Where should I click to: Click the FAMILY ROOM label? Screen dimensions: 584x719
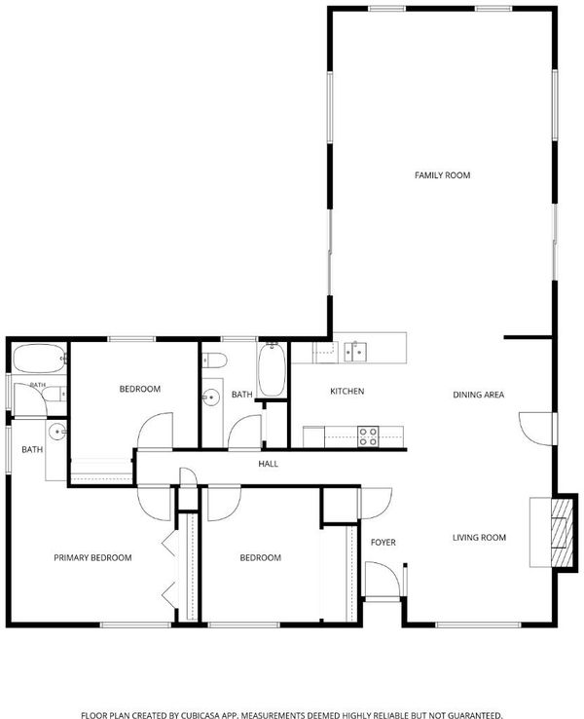click(x=442, y=175)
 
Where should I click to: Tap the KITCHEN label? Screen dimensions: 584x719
click(x=347, y=391)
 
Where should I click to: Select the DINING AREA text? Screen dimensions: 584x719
click(x=478, y=395)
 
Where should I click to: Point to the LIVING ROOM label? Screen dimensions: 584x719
click(x=479, y=538)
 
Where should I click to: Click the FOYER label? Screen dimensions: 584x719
click(x=383, y=543)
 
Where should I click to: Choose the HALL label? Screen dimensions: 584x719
click(x=268, y=464)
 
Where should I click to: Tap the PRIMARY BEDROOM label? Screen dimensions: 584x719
click(x=92, y=557)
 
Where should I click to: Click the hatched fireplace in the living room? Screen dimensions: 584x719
click(x=562, y=532)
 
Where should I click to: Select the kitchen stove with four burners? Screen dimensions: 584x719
click(x=368, y=436)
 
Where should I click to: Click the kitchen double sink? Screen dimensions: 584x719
click(x=355, y=352)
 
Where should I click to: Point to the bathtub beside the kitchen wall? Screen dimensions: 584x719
click(x=272, y=369)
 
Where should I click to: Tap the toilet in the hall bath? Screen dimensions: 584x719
click(x=215, y=360)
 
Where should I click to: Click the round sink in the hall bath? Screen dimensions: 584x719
click(x=211, y=397)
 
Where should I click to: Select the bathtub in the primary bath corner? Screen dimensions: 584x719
click(x=39, y=359)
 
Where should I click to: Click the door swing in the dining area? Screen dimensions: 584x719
click(x=535, y=429)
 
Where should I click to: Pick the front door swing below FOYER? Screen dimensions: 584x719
click(x=383, y=579)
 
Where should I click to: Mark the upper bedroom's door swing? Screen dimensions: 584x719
click(x=155, y=431)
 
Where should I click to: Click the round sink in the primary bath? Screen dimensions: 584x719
click(x=57, y=432)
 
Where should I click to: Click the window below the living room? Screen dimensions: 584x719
click(x=478, y=624)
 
